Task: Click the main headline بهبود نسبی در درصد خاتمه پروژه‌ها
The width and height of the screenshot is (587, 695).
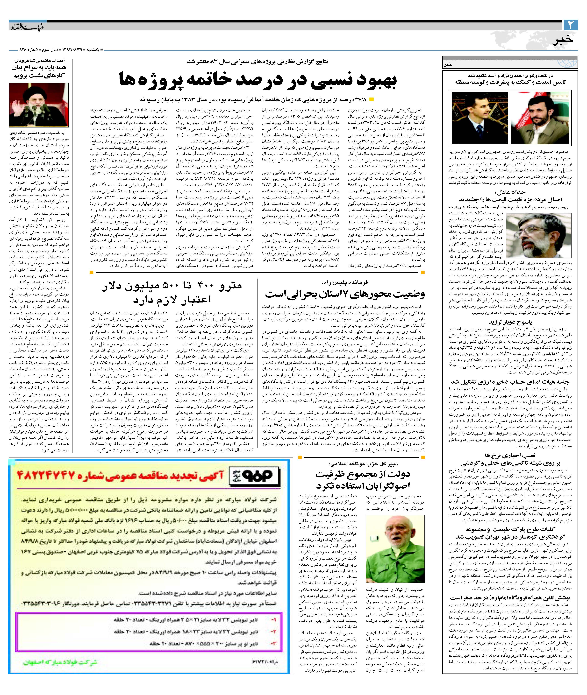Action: click(x=258, y=82)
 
